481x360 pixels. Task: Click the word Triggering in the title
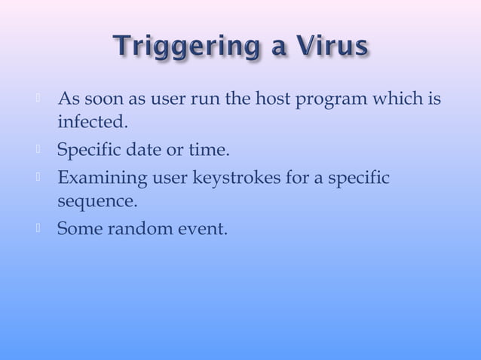[x=186, y=49]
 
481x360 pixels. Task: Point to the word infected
[x=88, y=123]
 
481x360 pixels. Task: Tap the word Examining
[x=103, y=178]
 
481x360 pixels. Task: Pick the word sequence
[x=97, y=203]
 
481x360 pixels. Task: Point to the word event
[x=205, y=228]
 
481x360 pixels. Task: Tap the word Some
[x=78, y=228]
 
